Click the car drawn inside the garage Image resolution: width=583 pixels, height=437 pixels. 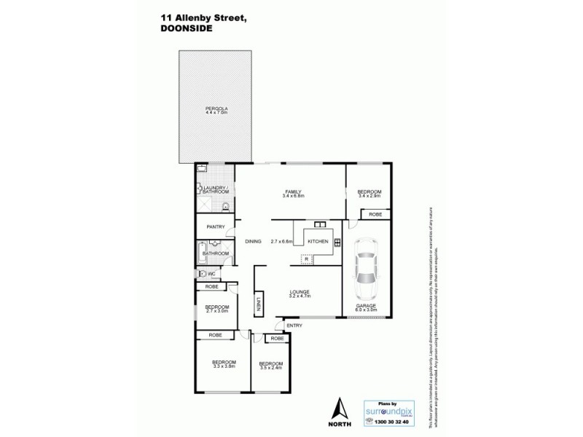[366, 267]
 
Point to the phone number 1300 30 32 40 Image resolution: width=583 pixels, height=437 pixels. [391, 421]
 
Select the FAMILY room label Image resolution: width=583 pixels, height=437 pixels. [293, 191]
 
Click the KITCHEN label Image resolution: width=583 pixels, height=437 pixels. [318, 241]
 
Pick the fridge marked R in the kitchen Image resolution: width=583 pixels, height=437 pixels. [307, 259]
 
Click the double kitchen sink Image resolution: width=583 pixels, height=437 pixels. [319, 224]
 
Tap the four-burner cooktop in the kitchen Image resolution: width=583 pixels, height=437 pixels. [337, 243]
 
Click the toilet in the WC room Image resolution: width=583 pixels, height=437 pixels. [200, 274]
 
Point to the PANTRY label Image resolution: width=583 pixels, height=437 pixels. [216, 227]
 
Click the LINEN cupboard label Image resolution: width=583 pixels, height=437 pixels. [258, 306]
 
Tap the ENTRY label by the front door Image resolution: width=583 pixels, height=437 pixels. [294, 325]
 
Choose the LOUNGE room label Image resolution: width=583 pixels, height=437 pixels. [299, 292]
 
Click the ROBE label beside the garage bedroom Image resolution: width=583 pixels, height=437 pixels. [375, 214]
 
